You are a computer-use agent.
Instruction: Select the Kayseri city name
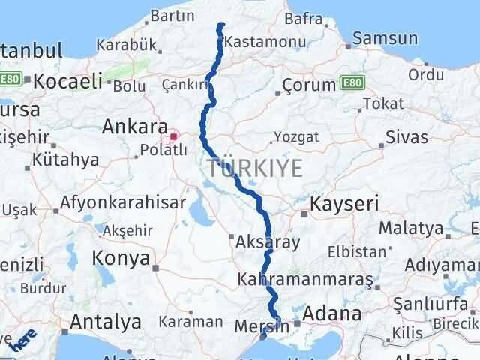pos(344,203)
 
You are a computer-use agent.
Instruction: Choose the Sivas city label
pos(406,137)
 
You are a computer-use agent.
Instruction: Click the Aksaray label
pos(267,241)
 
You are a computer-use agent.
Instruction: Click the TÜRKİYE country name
pos(256,169)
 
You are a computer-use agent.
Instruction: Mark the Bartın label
pos(172,15)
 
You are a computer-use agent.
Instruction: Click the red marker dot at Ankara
pos(174,136)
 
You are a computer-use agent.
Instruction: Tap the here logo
pos(22,339)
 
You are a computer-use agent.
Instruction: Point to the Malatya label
pos(410,227)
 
